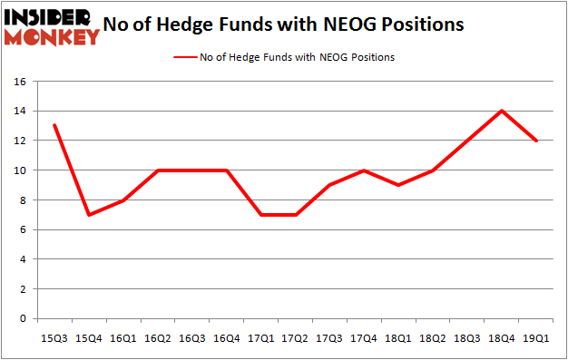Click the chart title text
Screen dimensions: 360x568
click(284, 25)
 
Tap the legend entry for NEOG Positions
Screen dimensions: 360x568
click(283, 57)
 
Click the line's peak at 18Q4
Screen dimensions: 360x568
click(500, 111)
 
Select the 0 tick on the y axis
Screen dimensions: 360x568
click(20, 319)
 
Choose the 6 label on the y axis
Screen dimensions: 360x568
click(20, 229)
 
